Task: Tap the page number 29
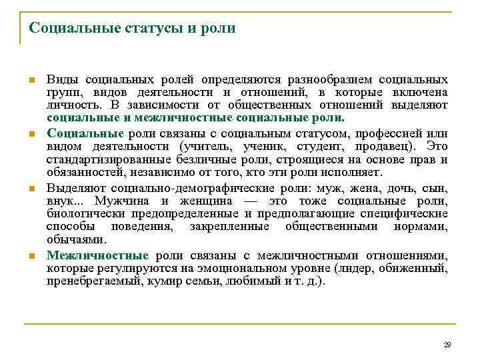coord(447,345)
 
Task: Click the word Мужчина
coord(123,201)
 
